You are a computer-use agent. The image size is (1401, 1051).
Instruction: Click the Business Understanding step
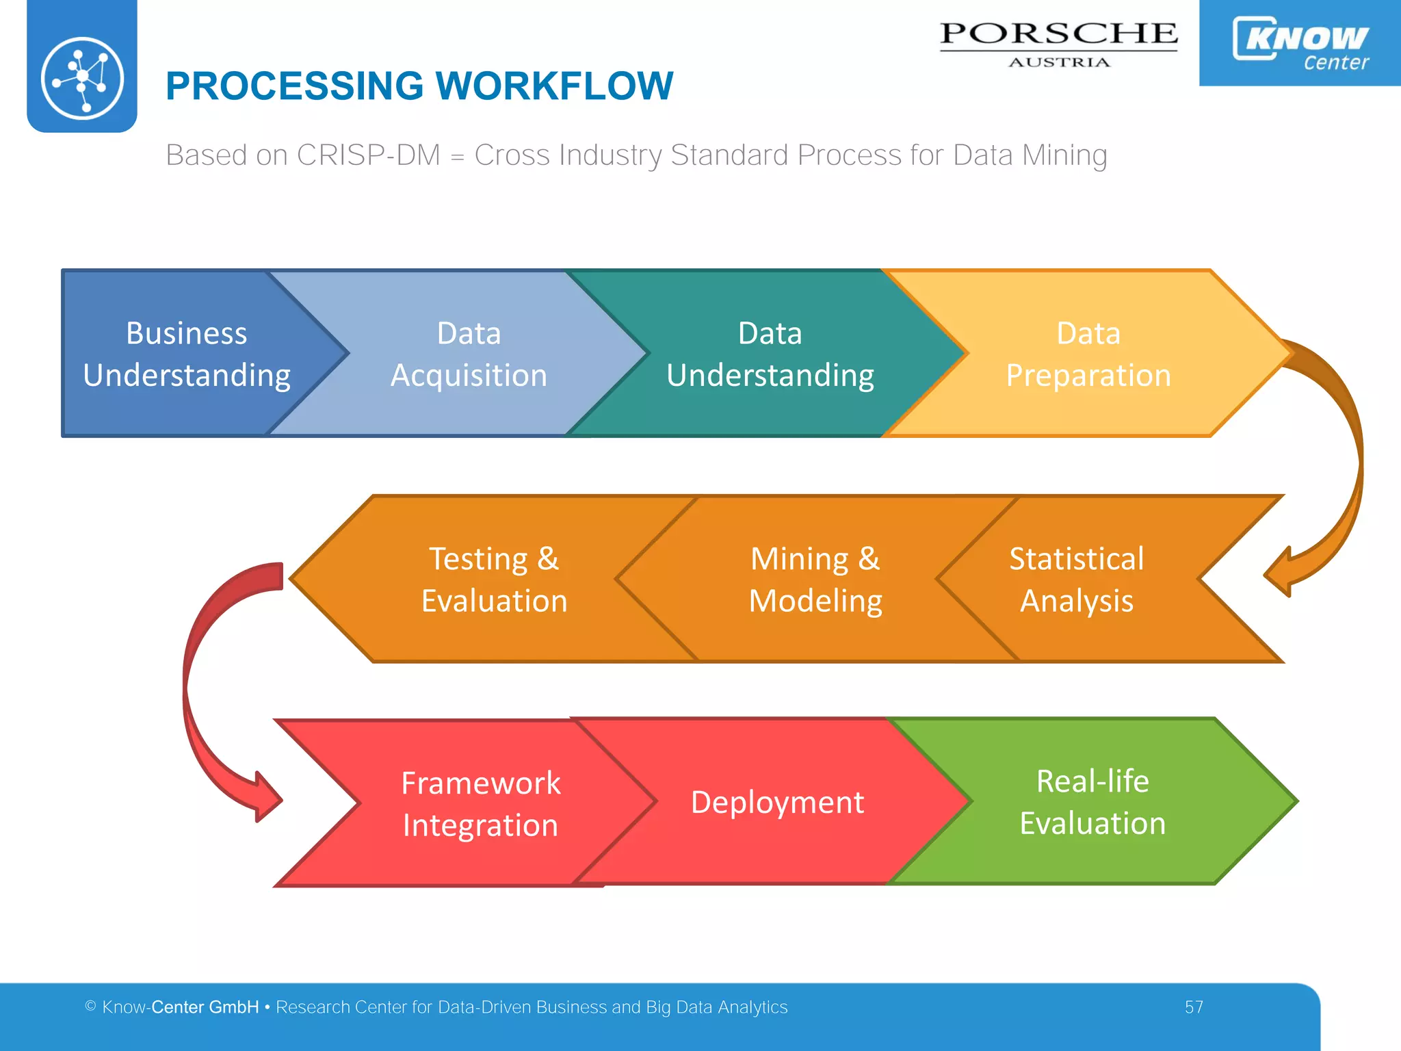[186, 354]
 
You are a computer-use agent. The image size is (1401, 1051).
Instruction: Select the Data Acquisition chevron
[469, 354]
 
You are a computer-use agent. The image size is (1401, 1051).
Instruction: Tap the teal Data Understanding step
[770, 354]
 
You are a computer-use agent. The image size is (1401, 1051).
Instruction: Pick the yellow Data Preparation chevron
[1088, 354]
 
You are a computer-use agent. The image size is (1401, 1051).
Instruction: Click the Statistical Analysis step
[1076, 579]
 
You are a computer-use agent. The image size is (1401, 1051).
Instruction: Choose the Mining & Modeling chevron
[815, 579]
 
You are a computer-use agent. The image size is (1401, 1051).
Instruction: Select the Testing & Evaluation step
[494, 579]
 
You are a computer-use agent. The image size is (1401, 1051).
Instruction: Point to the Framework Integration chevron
[480, 803]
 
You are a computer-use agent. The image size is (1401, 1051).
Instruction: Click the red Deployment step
[777, 802]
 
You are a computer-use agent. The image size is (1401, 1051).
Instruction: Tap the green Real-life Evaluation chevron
[1092, 802]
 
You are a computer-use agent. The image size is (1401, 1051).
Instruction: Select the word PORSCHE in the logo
[1058, 34]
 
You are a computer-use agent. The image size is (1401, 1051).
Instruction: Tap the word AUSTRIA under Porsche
[1058, 62]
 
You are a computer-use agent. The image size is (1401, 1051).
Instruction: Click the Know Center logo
[1300, 42]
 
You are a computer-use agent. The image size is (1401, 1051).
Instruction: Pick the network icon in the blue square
[82, 77]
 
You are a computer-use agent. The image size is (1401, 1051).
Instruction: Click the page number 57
[1194, 1007]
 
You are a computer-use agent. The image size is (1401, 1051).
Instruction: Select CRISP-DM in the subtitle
[368, 155]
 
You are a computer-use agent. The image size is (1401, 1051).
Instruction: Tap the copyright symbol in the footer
[90, 1006]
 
